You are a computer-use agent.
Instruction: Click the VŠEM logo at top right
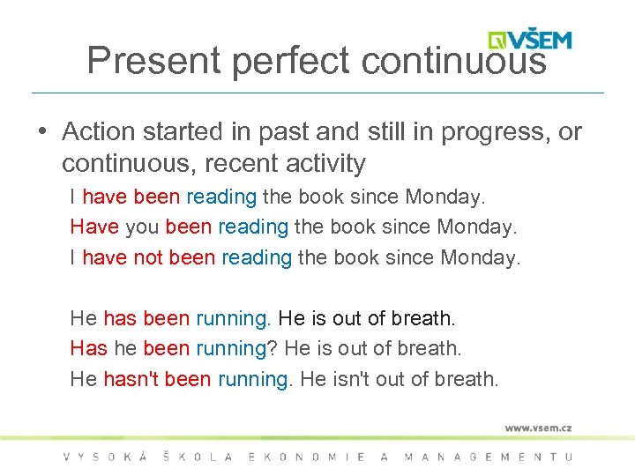click(530, 40)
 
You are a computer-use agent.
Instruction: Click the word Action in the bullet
click(98, 132)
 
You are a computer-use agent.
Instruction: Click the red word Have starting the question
click(94, 227)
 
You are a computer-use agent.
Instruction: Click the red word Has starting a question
click(88, 348)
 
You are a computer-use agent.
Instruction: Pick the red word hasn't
click(132, 379)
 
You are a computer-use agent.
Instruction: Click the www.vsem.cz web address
click(538, 428)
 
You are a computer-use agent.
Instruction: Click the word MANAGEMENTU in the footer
click(488, 457)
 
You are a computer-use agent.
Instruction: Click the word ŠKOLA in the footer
click(198, 457)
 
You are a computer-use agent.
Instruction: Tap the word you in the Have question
click(142, 227)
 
